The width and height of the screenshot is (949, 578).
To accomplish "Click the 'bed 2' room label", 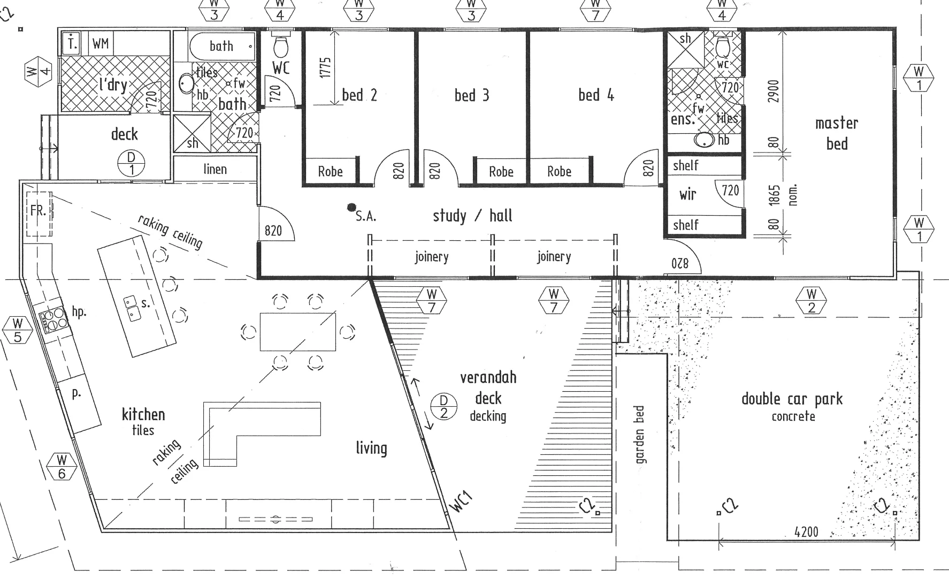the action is click(x=359, y=95).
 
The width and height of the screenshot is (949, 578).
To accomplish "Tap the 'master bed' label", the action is click(x=837, y=133).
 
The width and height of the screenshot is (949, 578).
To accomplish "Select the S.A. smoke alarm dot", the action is click(x=351, y=207).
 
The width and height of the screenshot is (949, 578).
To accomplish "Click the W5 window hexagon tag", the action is click(x=18, y=330).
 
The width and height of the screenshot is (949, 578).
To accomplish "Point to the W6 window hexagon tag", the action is click(x=62, y=466).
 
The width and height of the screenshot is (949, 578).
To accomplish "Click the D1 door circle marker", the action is click(x=132, y=164).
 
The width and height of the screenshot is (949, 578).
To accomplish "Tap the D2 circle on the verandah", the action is click(x=444, y=406).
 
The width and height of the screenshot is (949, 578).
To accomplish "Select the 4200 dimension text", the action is click(x=806, y=532).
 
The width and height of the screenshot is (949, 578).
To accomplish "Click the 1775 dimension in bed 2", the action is click(x=326, y=68).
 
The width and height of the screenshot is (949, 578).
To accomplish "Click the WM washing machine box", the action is click(x=101, y=43).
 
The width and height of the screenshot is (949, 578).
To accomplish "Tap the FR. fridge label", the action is click(x=38, y=211).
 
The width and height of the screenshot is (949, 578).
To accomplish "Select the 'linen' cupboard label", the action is click(x=215, y=170).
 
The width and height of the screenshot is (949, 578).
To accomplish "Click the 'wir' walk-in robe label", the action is click(x=687, y=194).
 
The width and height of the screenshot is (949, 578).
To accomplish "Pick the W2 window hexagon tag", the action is click(x=812, y=300).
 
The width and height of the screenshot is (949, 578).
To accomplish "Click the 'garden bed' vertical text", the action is click(x=640, y=435).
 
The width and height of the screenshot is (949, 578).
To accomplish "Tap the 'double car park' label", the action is click(x=792, y=399).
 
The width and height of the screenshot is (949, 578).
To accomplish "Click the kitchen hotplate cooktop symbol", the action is click(x=52, y=320).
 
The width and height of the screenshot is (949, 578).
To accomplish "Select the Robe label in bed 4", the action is click(x=559, y=172).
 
